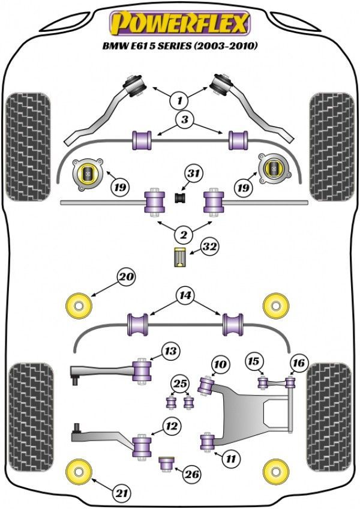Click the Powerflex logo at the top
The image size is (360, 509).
179,23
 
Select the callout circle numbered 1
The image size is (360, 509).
179,99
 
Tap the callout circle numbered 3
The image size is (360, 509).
185,120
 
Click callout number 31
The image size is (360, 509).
192,175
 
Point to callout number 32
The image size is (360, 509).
209,247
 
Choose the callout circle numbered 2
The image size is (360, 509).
179,234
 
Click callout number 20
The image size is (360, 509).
127,277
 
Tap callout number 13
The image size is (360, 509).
171,351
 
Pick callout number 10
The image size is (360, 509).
220,364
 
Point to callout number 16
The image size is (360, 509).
298,362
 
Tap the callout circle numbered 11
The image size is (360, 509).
230,459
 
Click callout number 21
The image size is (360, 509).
122,493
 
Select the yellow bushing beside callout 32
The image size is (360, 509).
179,258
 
